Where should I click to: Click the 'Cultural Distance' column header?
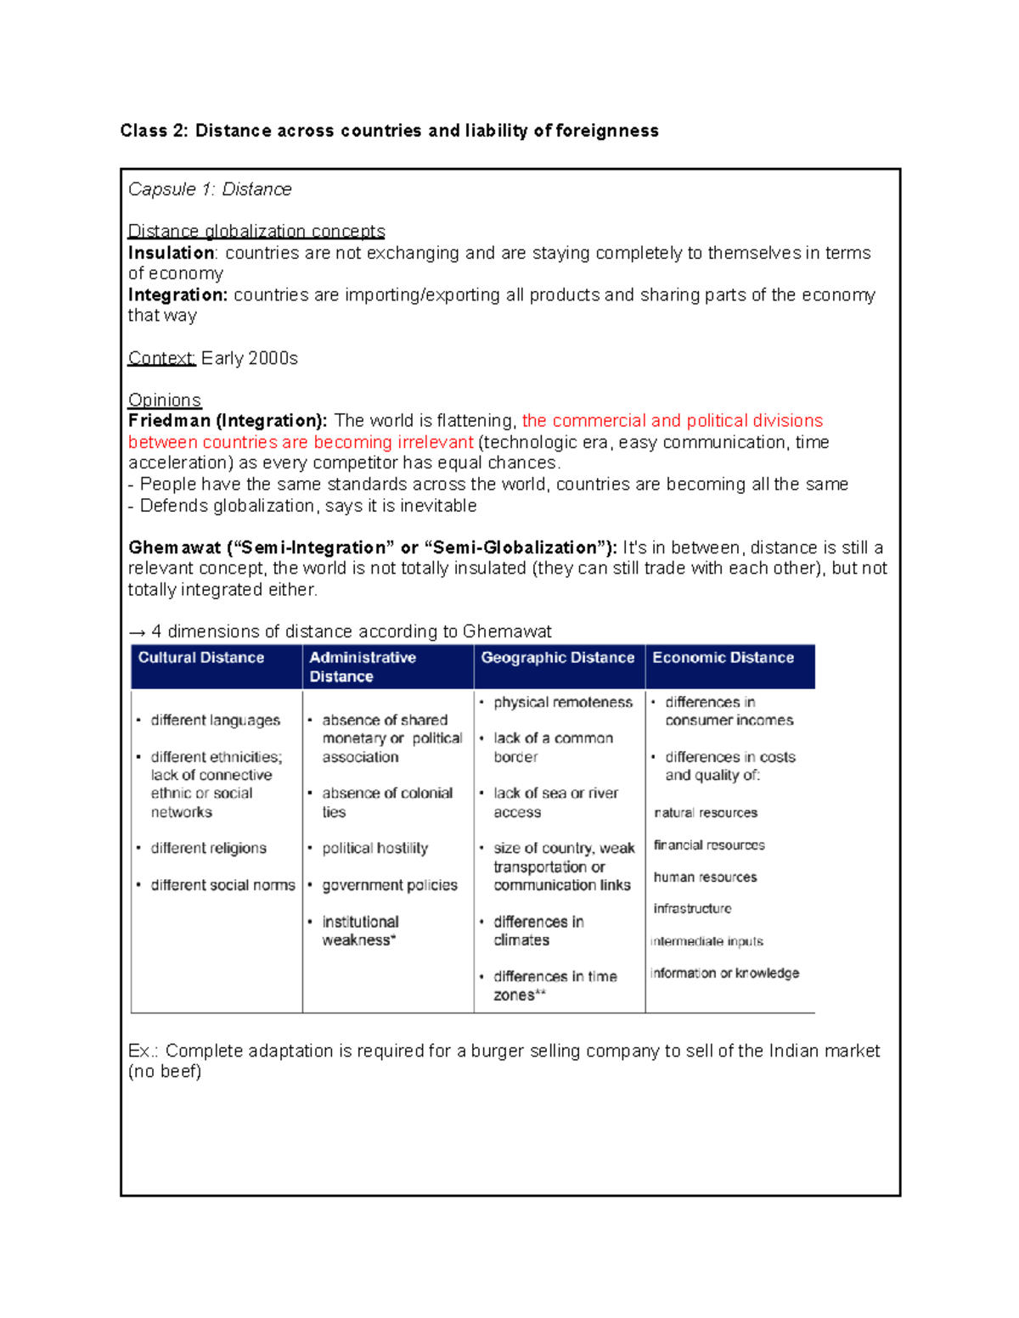click(x=201, y=658)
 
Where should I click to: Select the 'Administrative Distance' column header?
click(x=363, y=666)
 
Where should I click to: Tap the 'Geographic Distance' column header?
click(x=557, y=658)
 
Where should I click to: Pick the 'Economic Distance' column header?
click(x=723, y=658)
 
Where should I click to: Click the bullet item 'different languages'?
click(x=215, y=720)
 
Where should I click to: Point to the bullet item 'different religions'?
click(x=208, y=848)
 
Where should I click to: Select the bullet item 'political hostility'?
click(x=374, y=848)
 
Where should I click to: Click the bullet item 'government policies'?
click(x=389, y=885)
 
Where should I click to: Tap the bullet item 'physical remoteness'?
click(x=562, y=702)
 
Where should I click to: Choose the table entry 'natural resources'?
click(x=706, y=812)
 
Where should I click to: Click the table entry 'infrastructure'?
click(x=692, y=908)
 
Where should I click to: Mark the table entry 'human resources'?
click(x=705, y=877)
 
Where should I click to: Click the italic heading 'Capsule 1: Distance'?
click(x=210, y=189)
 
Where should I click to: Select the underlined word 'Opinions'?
click(x=164, y=400)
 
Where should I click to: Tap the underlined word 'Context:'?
click(x=161, y=358)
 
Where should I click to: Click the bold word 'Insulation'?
click(x=171, y=253)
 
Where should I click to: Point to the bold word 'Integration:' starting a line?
click(x=177, y=294)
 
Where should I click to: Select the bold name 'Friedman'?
click(x=169, y=421)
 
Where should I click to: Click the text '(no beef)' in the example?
click(x=165, y=1071)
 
